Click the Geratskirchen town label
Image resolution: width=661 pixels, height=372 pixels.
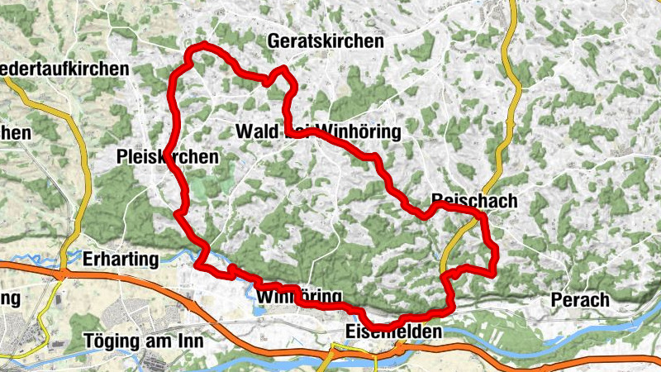(x=326, y=41)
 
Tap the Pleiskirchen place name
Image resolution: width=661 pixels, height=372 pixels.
(x=169, y=156)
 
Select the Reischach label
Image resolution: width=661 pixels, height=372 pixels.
(x=474, y=201)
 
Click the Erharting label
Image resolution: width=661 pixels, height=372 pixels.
(x=121, y=260)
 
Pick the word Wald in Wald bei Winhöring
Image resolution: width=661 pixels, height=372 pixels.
(x=257, y=131)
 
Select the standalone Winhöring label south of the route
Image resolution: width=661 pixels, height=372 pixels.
(x=299, y=296)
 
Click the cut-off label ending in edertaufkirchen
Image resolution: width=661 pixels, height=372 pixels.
(x=64, y=69)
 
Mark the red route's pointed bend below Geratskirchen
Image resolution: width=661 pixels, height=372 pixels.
(x=284, y=70)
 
